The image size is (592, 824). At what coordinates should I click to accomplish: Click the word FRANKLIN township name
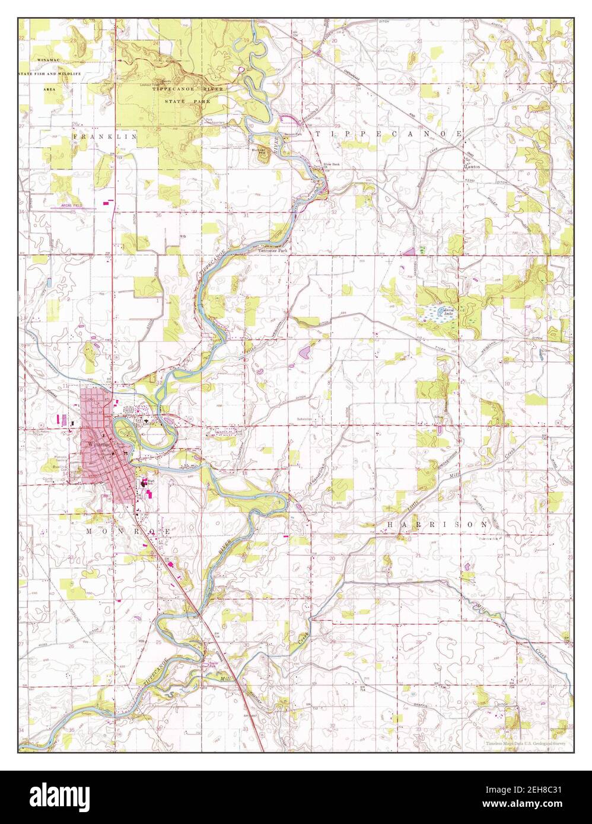pos(104,136)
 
